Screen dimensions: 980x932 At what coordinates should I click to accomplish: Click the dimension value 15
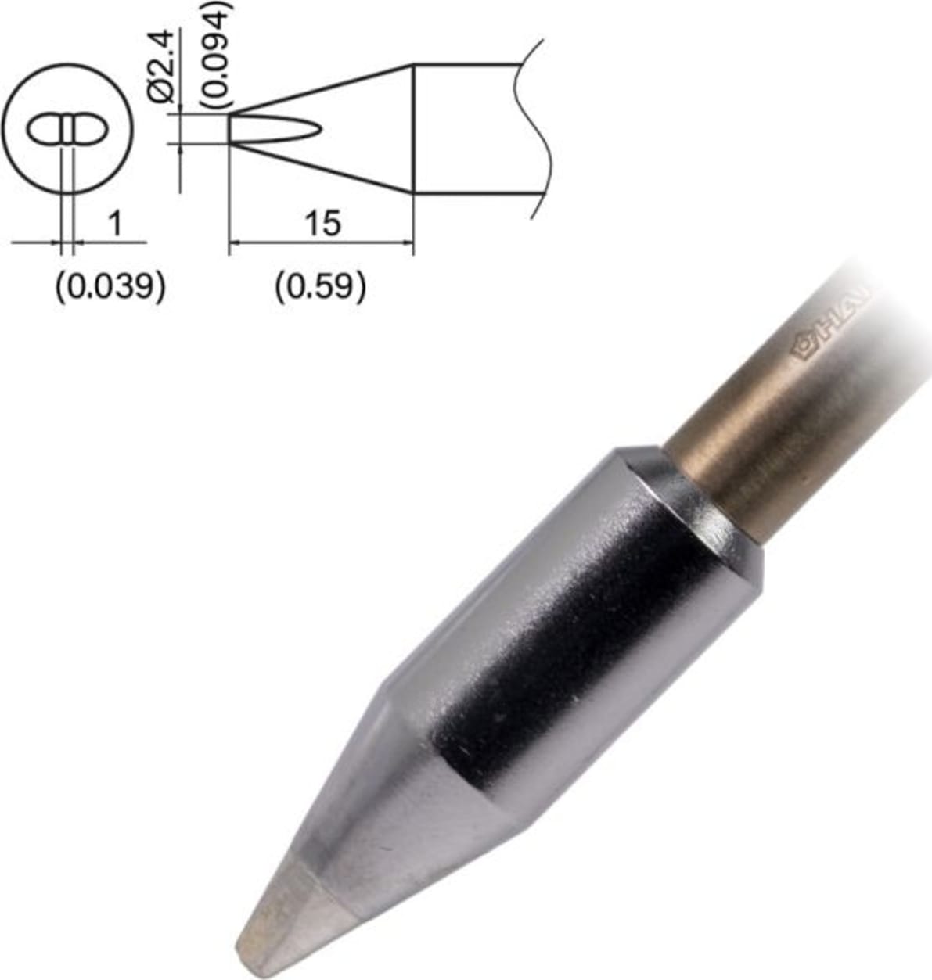point(322,223)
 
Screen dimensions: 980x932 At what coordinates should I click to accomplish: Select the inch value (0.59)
point(320,287)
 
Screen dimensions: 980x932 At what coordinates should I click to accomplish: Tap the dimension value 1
point(114,224)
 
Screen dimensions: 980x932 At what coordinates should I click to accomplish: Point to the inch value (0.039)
point(110,287)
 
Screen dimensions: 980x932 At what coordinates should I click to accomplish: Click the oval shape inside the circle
point(66,129)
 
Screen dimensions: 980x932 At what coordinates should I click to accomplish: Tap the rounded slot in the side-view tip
point(274,129)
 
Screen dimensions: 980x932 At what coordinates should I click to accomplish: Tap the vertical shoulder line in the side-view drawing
point(413,129)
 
